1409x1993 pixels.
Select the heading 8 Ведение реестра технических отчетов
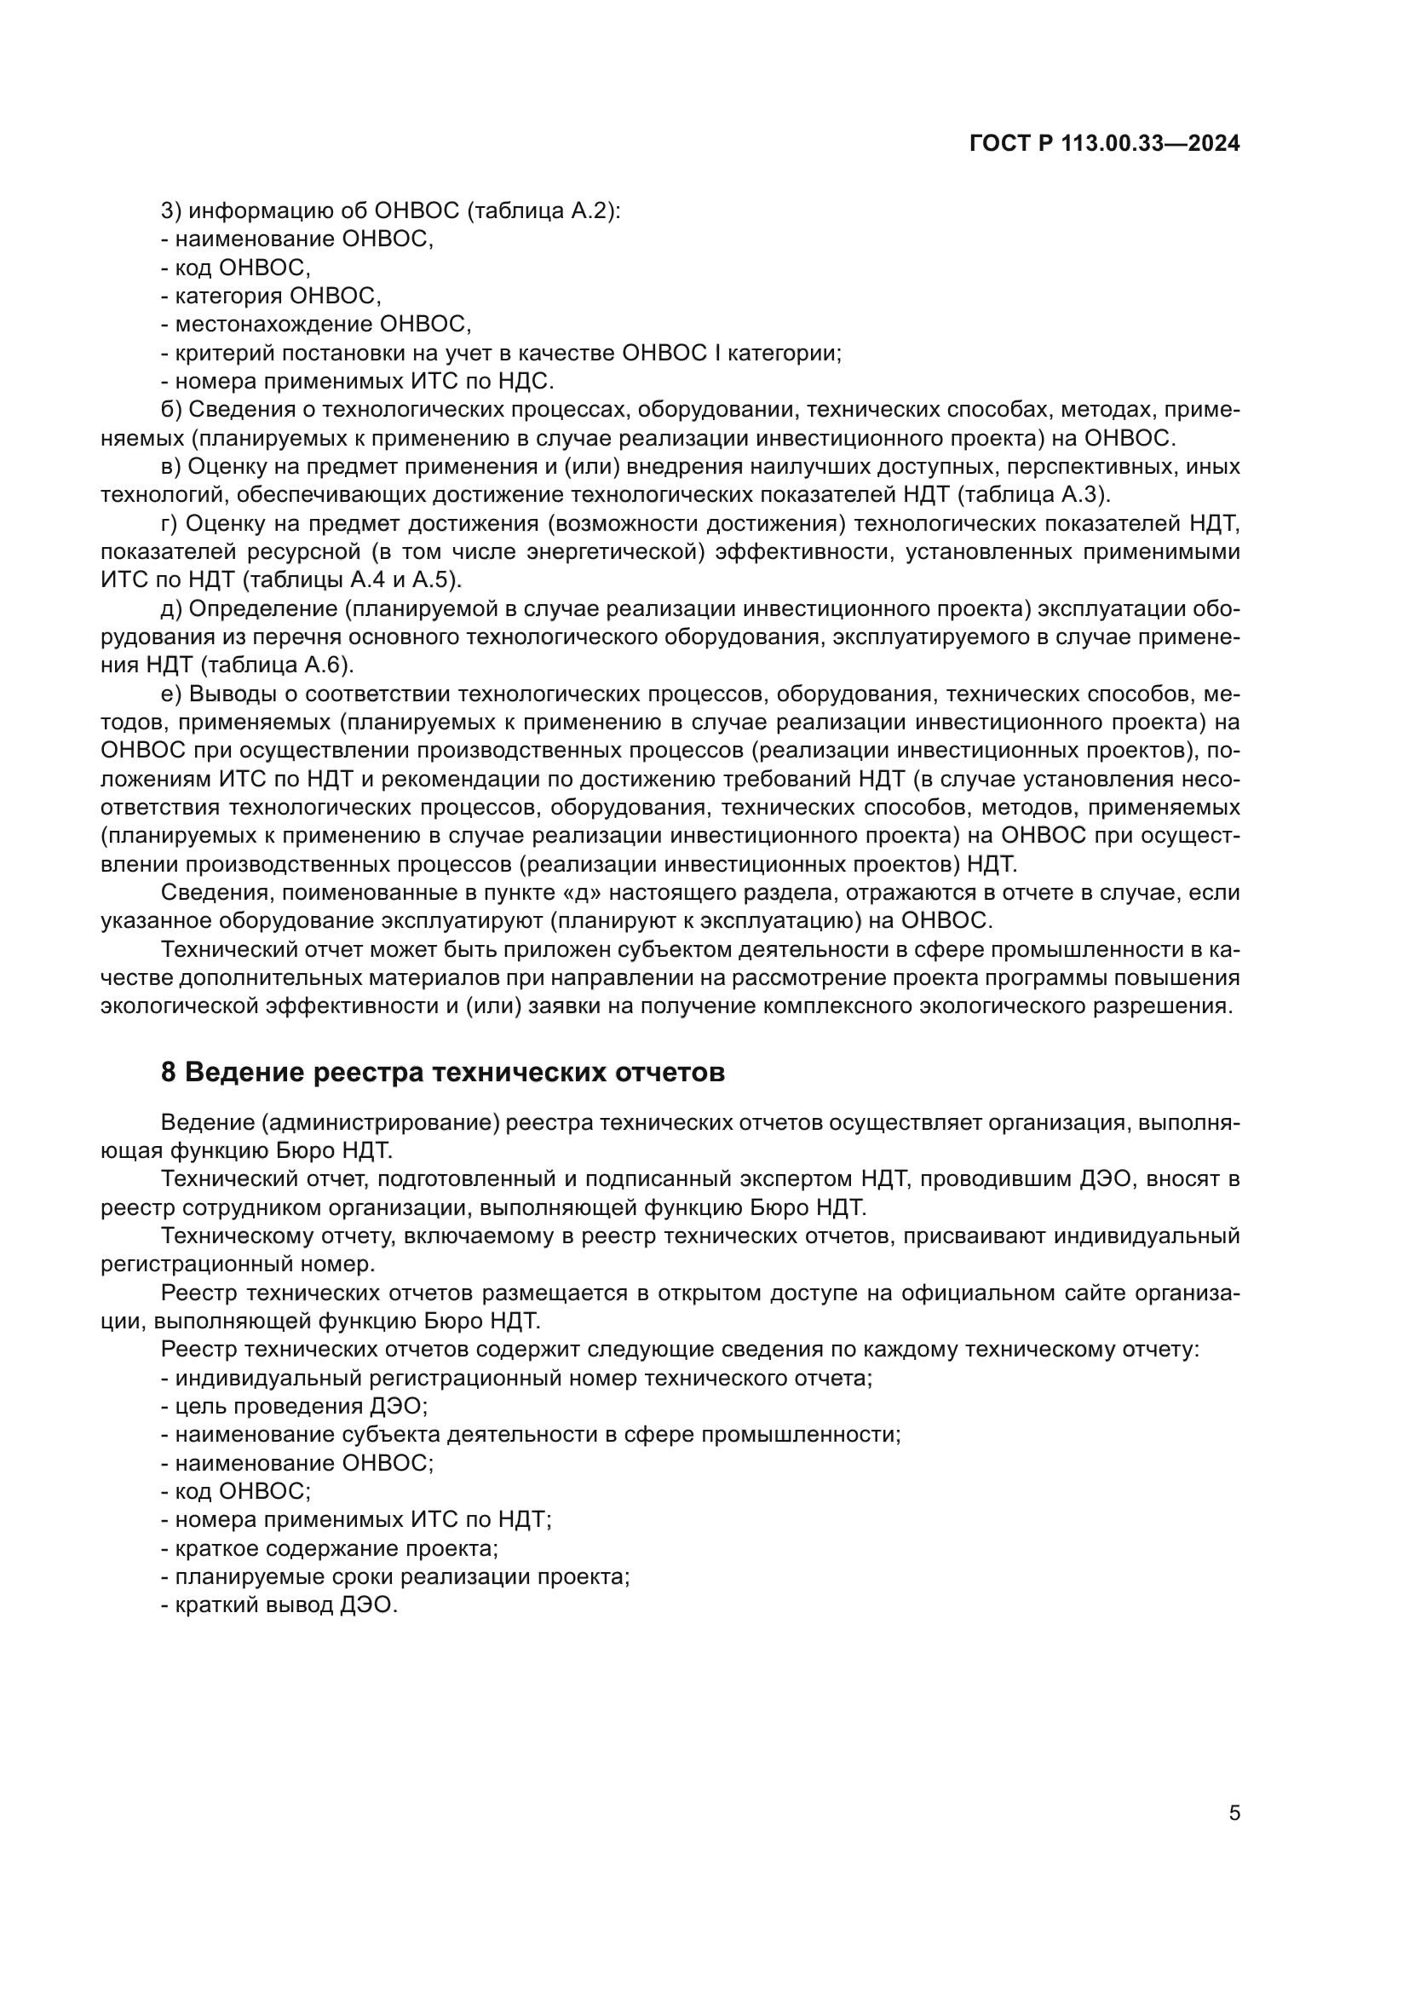click(x=442, y=1073)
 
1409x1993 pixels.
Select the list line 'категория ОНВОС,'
click(x=271, y=296)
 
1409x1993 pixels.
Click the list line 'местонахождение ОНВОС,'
click(x=316, y=325)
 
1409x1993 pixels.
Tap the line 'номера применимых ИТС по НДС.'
click(x=358, y=381)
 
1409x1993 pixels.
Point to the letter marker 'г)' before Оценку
click(x=170, y=523)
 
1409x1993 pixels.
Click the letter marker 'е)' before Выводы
click(x=170, y=694)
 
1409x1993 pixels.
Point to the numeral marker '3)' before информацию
click(x=170, y=211)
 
